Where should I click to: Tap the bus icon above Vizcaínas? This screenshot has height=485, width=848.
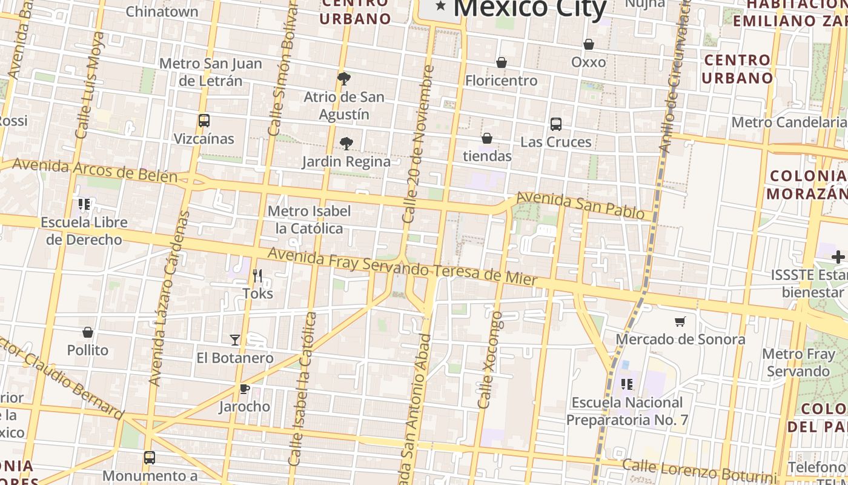(x=204, y=121)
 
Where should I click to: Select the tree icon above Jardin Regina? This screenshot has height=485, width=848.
(x=346, y=144)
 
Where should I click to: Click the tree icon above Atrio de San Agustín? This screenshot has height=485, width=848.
(x=343, y=78)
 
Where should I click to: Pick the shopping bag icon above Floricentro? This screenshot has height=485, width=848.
(x=502, y=62)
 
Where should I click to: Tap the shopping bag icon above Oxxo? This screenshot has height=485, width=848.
(x=588, y=44)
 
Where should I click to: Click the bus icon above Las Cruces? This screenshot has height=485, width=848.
(x=556, y=124)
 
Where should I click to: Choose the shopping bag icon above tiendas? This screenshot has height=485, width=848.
(x=487, y=139)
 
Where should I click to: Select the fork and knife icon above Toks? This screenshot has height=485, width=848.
(x=257, y=276)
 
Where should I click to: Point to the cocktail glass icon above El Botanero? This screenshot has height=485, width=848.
(x=235, y=340)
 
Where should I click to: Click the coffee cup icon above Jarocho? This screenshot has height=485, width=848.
(x=244, y=389)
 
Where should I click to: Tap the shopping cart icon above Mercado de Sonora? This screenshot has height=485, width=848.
(x=680, y=321)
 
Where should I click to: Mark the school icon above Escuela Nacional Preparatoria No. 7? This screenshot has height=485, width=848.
(x=627, y=384)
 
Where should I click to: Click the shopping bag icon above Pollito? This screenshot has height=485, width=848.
(x=88, y=333)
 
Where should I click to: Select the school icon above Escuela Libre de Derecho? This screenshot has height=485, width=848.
(x=84, y=204)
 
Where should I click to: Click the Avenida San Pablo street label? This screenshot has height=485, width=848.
(x=580, y=205)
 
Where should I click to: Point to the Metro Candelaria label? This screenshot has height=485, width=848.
(x=789, y=122)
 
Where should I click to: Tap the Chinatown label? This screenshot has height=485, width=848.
(x=162, y=11)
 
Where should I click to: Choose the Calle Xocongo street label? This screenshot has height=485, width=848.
(x=491, y=360)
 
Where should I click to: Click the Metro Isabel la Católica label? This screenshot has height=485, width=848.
(x=309, y=219)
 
